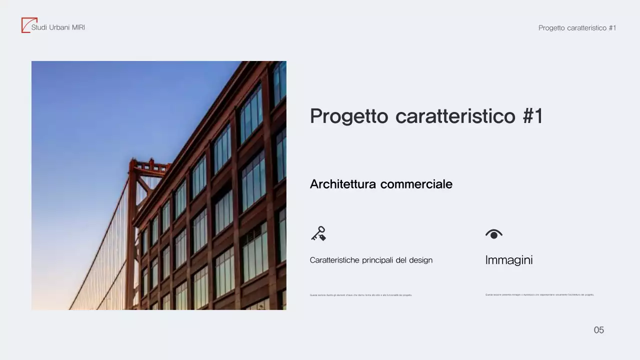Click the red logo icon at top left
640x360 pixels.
click(26, 25)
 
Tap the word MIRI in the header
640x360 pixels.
click(78, 27)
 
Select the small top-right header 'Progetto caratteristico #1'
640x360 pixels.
click(577, 28)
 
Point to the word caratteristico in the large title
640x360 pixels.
click(455, 116)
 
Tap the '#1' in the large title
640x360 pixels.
click(532, 116)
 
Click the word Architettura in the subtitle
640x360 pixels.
click(343, 184)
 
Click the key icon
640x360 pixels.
click(318, 233)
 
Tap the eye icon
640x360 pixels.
click(493, 234)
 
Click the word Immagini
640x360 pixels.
click(509, 260)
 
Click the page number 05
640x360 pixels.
click(598, 330)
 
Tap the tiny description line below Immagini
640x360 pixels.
click(539, 295)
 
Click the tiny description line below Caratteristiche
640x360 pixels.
click(361, 295)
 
